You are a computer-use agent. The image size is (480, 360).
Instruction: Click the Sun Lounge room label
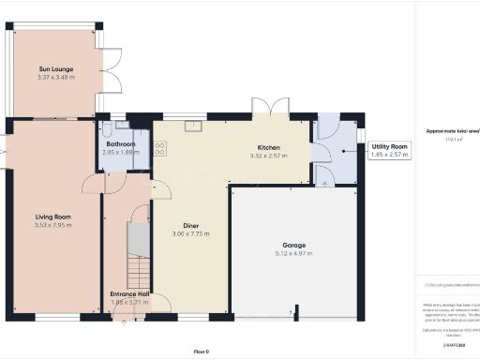55,69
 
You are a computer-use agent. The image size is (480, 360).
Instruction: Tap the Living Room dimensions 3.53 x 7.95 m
53,225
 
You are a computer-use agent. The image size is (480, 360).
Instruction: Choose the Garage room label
294,245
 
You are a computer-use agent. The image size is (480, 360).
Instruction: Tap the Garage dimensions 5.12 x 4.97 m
294,253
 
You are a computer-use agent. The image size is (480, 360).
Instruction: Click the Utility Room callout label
390,147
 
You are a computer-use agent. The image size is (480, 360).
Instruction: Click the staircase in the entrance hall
137,247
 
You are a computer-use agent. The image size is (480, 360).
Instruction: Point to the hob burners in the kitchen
159,147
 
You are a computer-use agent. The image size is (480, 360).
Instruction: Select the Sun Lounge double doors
112,68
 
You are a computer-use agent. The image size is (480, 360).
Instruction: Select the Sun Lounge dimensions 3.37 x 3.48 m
55,78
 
